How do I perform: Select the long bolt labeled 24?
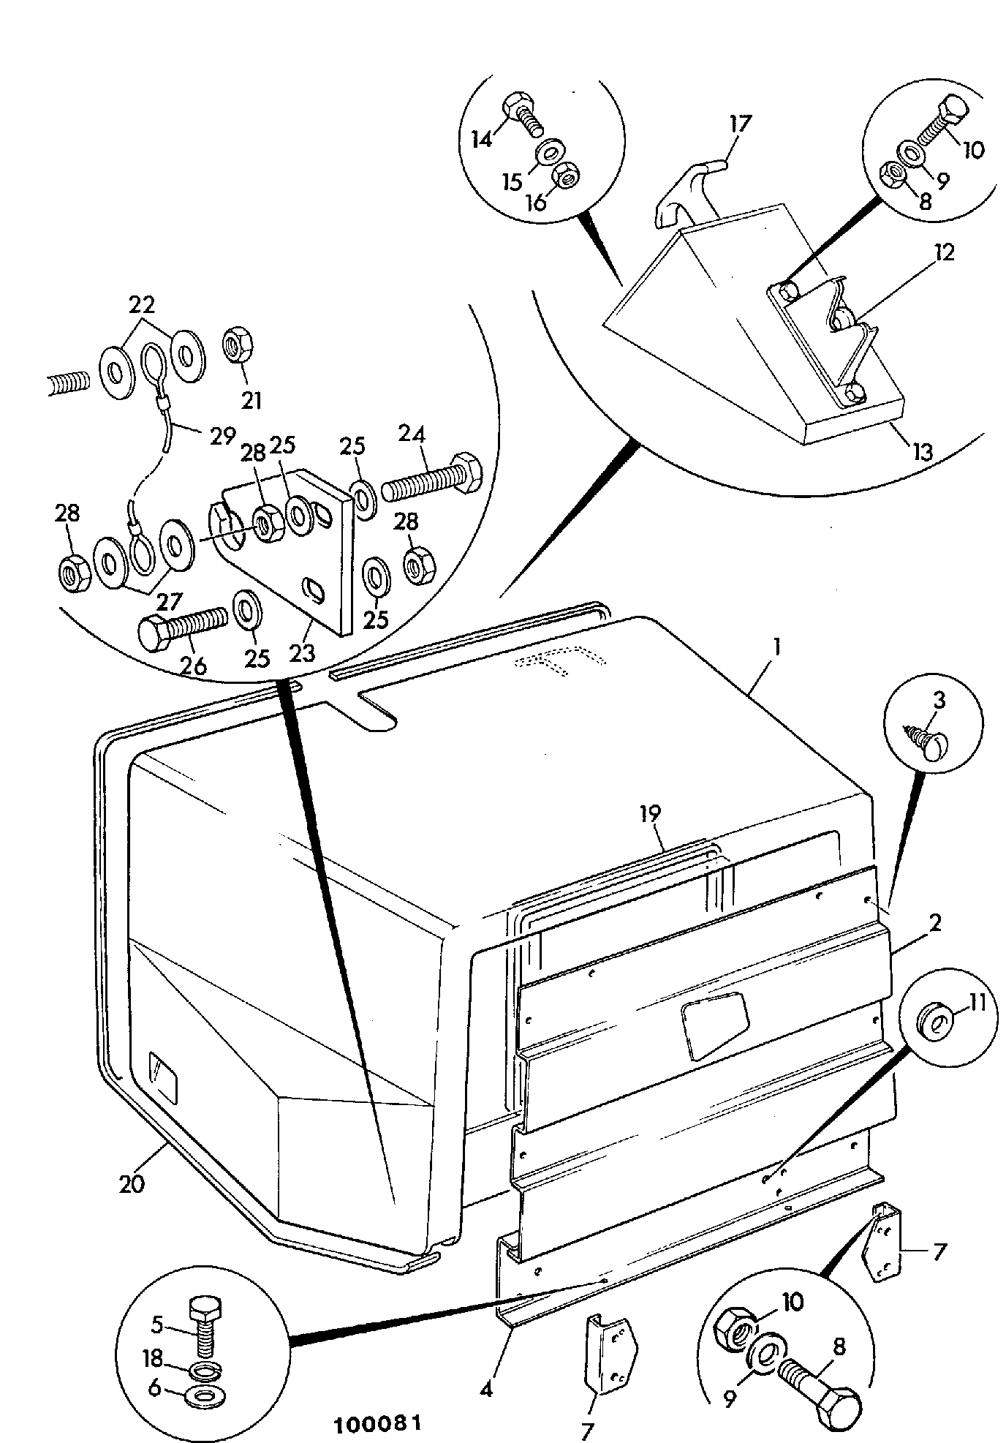[x=431, y=478]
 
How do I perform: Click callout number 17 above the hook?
[x=739, y=123]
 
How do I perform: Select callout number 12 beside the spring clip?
[x=943, y=253]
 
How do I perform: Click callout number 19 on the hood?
[x=650, y=813]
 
